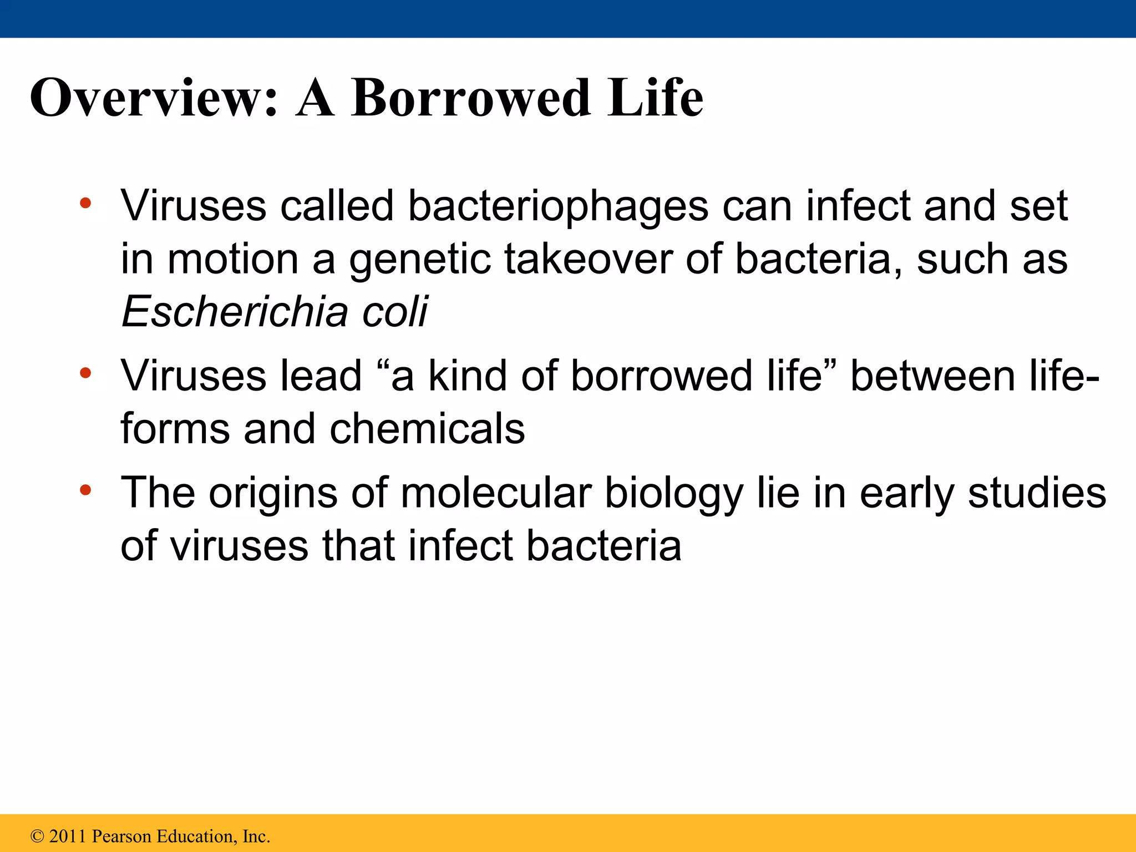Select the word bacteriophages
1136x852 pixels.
(557, 206)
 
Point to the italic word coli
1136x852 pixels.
(395, 312)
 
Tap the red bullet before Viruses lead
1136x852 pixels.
(85, 373)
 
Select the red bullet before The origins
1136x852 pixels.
(85, 490)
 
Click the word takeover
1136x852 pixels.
(588, 260)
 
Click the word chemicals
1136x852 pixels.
(427, 429)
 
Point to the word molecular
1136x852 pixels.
(496, 493)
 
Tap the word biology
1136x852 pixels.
(673, 494)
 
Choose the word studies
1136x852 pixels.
(1037, 493)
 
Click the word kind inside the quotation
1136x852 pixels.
(468, 376)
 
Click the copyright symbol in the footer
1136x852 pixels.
(37, 836)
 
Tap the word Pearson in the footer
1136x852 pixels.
(121, 836)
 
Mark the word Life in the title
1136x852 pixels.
(655, 98)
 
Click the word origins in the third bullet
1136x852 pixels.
(272, 494)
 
